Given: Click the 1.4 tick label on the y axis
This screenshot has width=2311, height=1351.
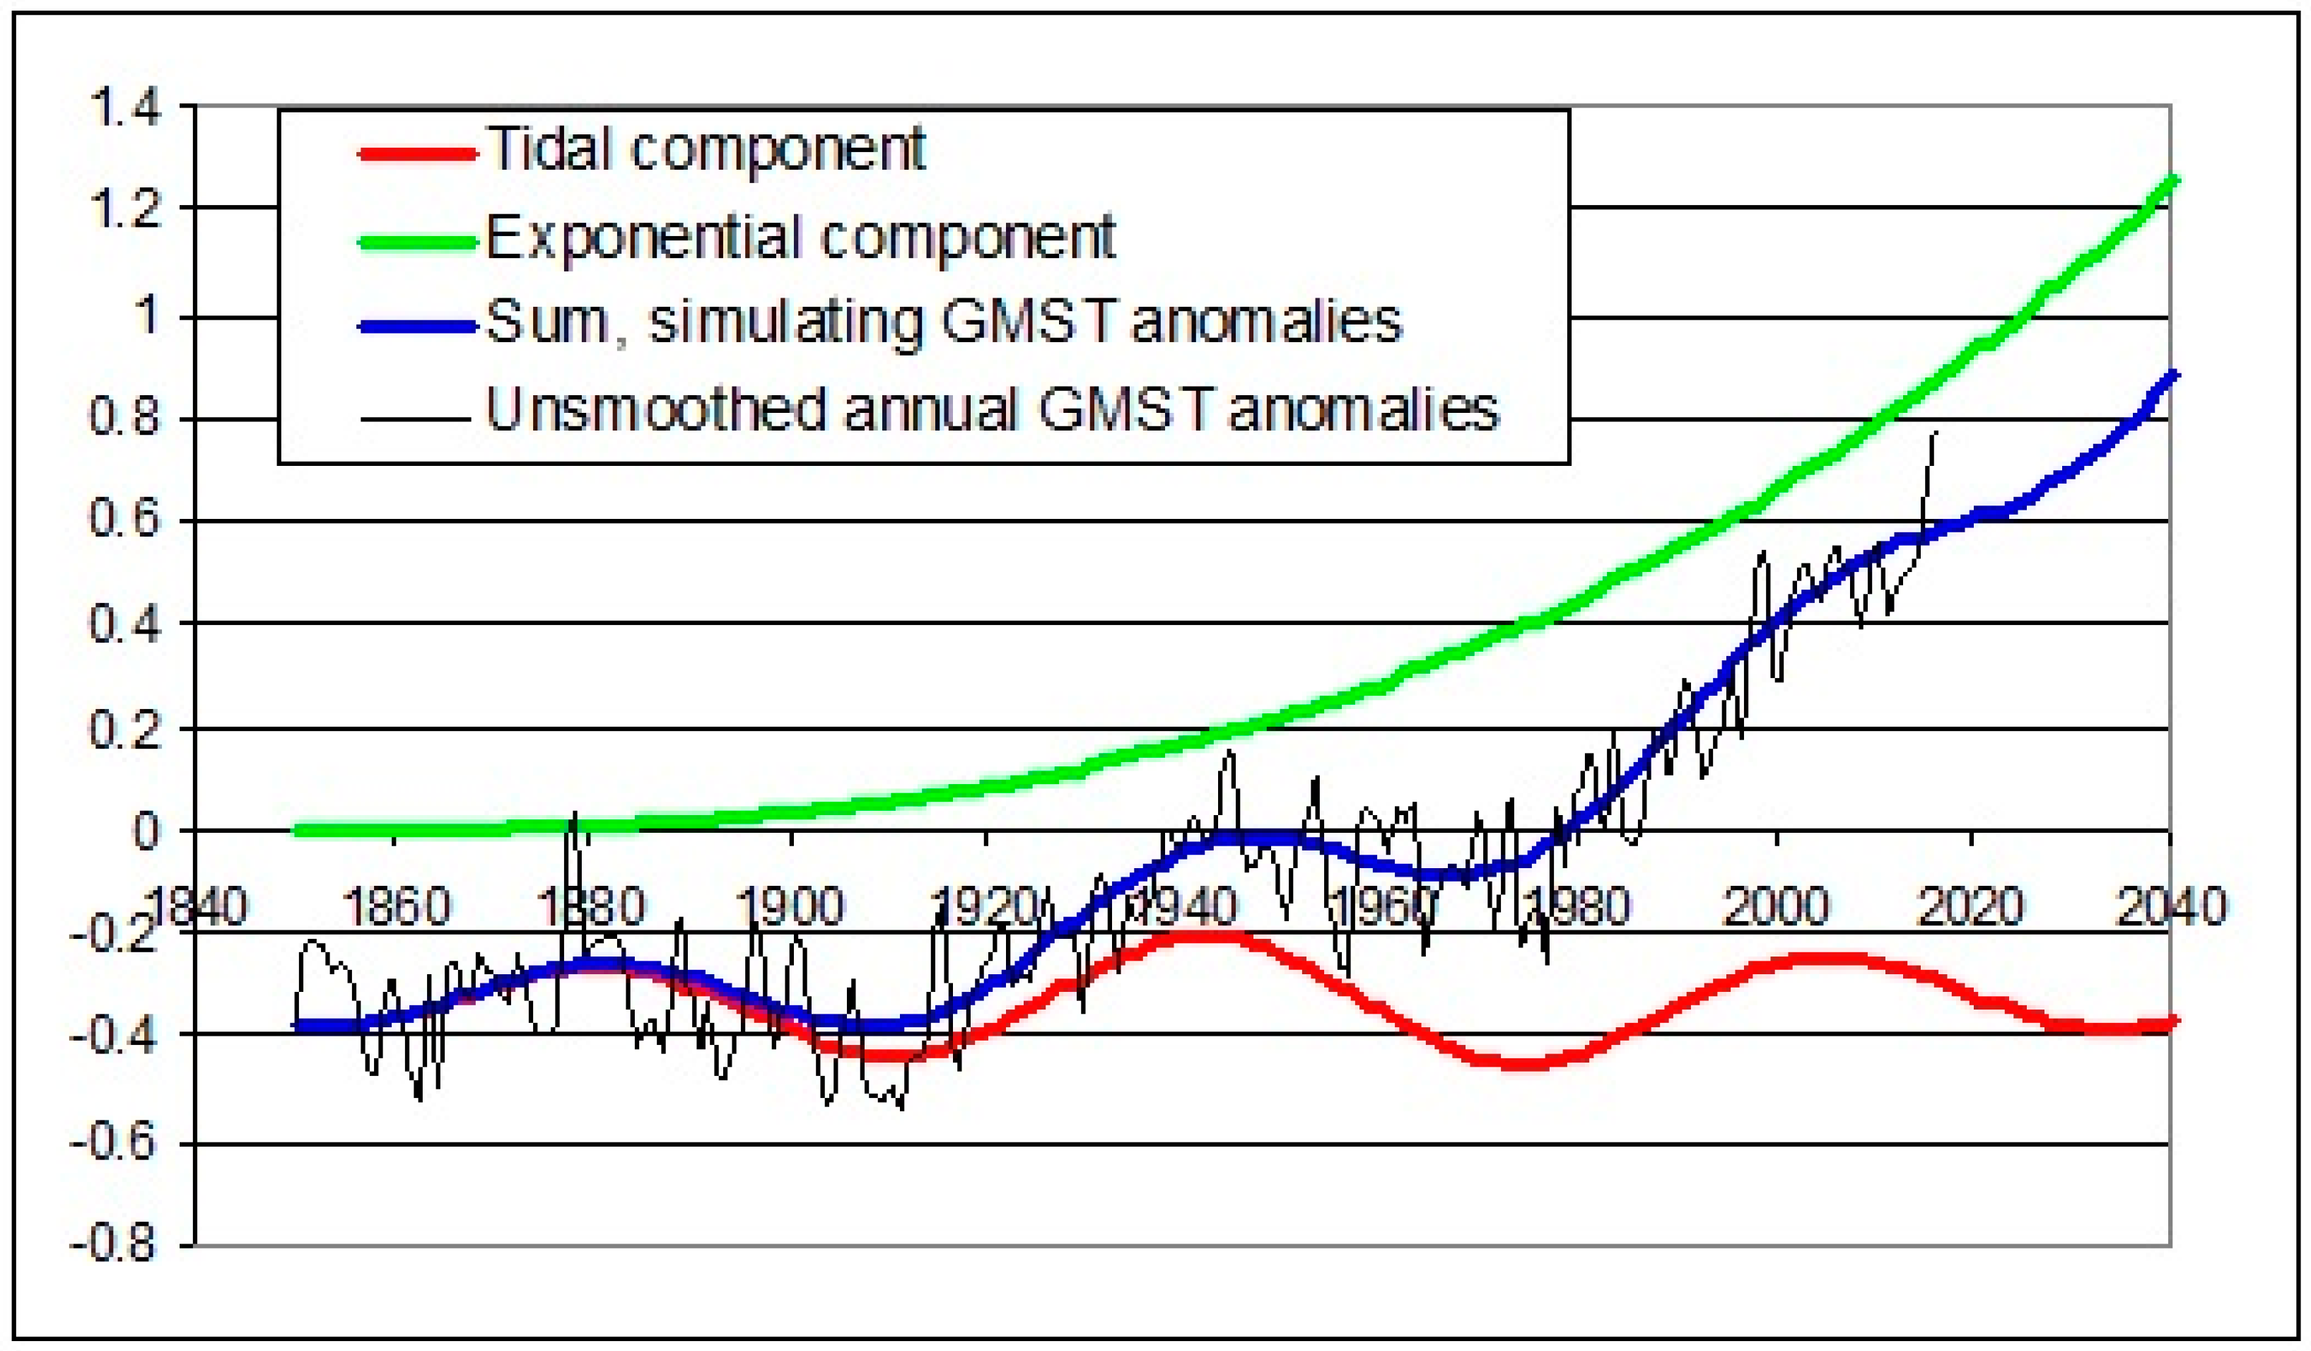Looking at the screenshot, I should [x=126, y=108].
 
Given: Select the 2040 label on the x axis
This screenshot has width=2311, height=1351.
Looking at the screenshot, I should [x=2171, y=907].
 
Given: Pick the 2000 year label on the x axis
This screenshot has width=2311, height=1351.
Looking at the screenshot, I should [x=1777, y=907].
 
